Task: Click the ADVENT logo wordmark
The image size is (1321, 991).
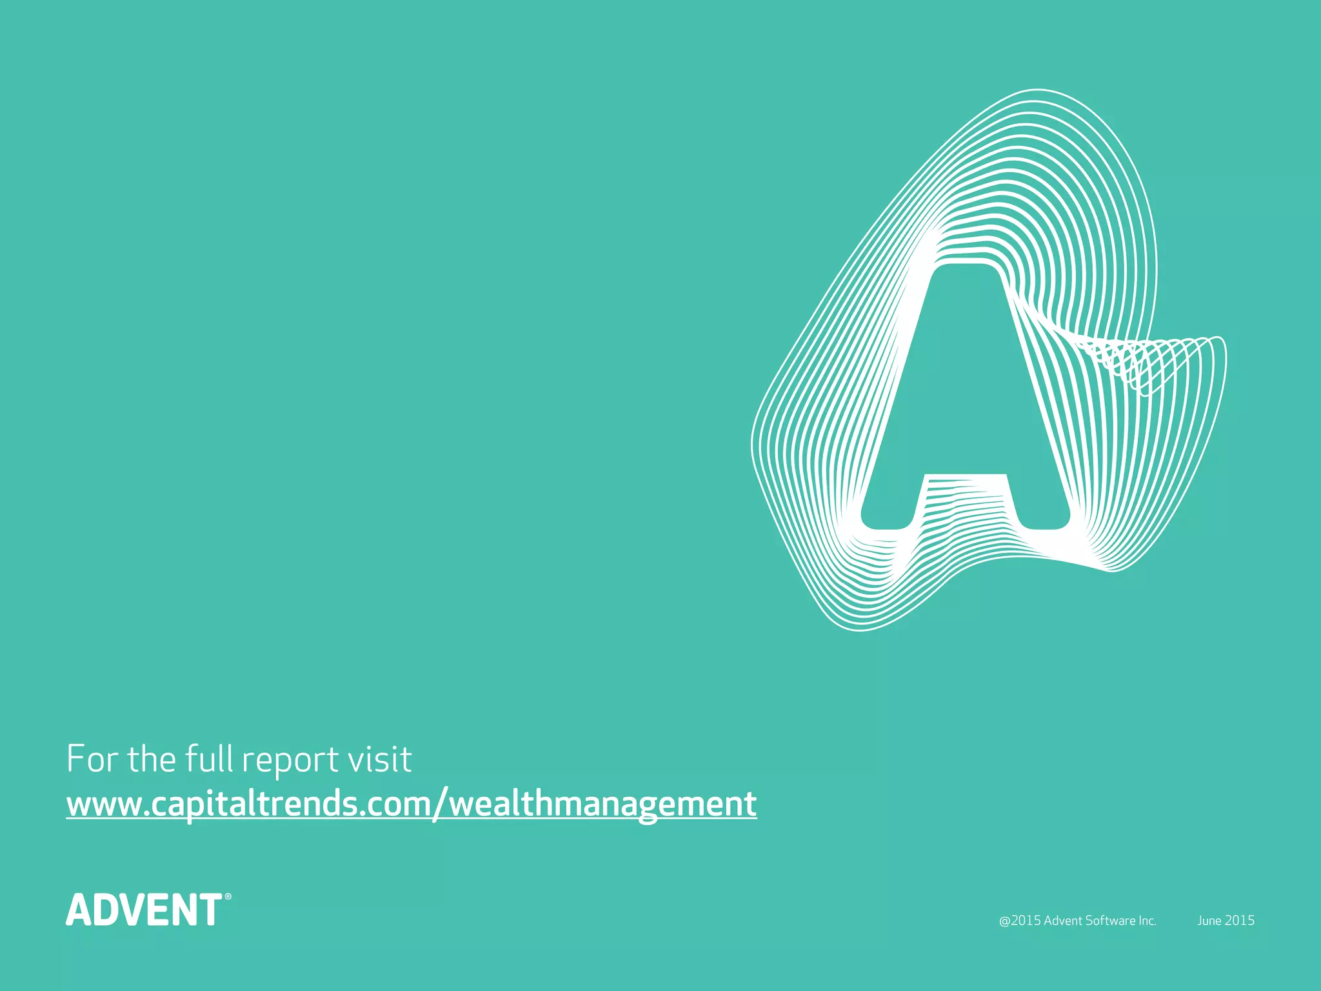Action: pyautogui.click(x=144, y=910)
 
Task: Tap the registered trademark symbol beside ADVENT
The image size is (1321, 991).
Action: pyautogui.click(x=228, y=897)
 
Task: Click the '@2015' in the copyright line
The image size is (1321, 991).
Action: pyautogui.click(x=1020, y=921)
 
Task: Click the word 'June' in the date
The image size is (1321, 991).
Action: pyautogui.click(x=1209, y=921)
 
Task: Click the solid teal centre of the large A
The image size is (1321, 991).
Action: pyautogui.click(x=966, y=387)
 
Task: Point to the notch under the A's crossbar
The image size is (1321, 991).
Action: pyautogui.click(x=966, y=510)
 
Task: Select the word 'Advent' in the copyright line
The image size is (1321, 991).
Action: pyautogui.click(x=1063, y=921)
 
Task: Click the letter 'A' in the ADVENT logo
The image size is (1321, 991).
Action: pyautogui.click(x=81, y=910)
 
